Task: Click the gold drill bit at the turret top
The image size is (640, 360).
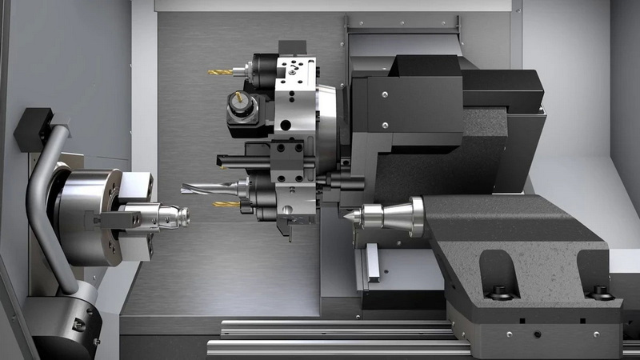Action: [x=221, y=72]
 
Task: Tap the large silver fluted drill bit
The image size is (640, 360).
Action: [x=210, y=188]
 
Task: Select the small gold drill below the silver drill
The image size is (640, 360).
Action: [x=226, y=204]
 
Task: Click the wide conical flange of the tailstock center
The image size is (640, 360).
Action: [x=415, y=217]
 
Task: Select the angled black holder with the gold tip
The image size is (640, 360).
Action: [x=240, y=110]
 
